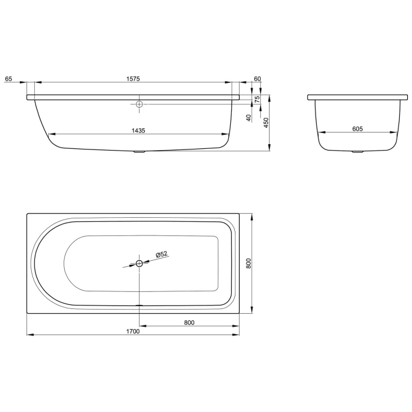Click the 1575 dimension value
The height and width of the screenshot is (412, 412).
132,78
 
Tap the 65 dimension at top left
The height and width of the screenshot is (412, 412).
8,78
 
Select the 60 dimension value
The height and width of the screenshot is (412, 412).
257,78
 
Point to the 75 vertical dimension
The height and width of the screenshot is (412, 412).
257,99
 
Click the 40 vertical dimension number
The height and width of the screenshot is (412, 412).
250,117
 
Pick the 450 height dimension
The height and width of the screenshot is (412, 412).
266,122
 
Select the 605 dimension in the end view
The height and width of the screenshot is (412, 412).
357,128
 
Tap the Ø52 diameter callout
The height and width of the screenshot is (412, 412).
162,254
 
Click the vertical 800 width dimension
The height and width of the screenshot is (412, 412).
249,263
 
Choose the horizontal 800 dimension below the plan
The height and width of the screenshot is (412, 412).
188,322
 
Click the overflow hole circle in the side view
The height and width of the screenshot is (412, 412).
139,105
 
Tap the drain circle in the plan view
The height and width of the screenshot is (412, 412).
139,263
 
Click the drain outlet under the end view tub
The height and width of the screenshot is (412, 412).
358,152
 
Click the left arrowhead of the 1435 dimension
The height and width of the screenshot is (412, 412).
49,132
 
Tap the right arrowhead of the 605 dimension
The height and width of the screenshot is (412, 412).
394,132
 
